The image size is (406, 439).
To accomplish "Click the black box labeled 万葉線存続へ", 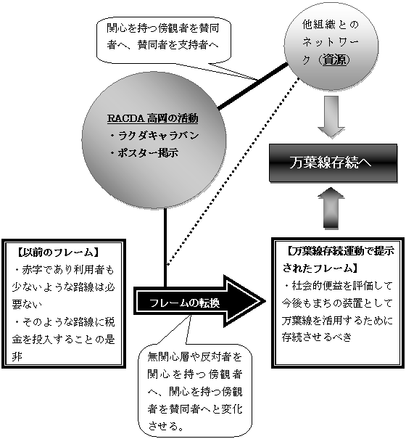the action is (x=333, y=163).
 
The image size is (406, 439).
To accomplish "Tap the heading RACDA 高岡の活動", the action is (x=153, y=118).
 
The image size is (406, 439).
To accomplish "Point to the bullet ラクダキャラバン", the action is (x=154, y=136).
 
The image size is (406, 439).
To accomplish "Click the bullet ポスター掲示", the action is (x=144, y=153).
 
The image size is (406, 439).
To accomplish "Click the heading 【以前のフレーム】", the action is (x=55, y=253).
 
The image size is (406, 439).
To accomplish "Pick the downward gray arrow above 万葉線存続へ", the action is (x=331, y=117).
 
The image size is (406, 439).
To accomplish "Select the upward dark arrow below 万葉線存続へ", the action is (x=331, y=208).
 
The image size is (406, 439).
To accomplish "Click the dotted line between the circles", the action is (x=233, y=171).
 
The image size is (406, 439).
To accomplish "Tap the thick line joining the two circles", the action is (x=253, y=86).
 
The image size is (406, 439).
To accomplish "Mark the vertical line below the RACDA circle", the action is (x=165, y=247).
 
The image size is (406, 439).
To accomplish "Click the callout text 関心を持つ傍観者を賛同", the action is (x=163, y=28).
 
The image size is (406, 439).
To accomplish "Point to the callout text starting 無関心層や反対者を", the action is (x=195, y=357).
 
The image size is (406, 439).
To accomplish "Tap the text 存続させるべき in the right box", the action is (x=316, y=337).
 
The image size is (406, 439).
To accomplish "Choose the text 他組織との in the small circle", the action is (x=331, y=25).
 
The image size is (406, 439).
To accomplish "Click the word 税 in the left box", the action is (x=109, y=322).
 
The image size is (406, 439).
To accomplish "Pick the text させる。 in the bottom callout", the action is (x=165, y=427).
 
